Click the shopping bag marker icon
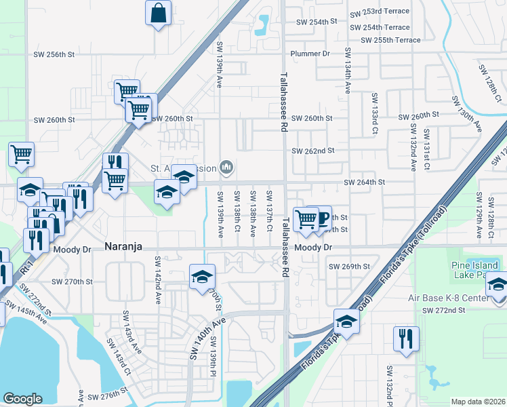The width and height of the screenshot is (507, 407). click(158, 13)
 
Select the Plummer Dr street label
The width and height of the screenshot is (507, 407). click(309, 53)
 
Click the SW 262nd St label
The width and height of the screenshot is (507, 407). click(312, 151)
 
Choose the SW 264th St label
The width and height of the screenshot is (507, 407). click(365, 182)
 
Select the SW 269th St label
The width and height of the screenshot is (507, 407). click(349, 267)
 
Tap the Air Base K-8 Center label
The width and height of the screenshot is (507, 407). click(468, 298)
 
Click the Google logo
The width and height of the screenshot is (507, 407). click(22, 399)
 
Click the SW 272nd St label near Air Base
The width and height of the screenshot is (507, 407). click(444, 310)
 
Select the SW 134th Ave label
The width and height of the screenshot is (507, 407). click(348, 70)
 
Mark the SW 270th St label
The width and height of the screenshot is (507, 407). click(72, 281)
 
